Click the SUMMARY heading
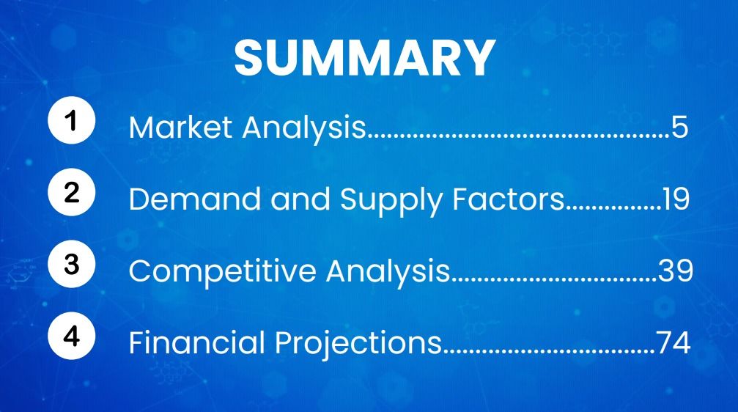click(x=365, y=57)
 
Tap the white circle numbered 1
click(x=72, y=120)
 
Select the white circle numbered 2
click(x=72, y=192)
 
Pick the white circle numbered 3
click(x=72, y=264)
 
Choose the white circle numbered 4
click(x=72, y=336)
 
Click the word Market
click(x=180, y=127)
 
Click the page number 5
click(x=680, y=128)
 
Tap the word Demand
click(x=194, y=199)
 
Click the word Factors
click(x=509, y=199)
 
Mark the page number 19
click(x=676, y=199)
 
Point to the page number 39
click(x=676, y=271)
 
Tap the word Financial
click(x=196, y=342)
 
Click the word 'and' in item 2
click(x=300, y=199)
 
